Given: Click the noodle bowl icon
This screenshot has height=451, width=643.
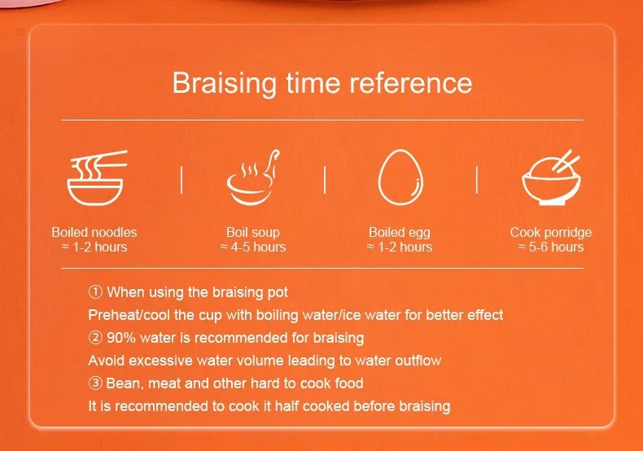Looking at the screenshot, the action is click(96, 177).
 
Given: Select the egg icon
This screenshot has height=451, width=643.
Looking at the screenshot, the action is click(400, 177).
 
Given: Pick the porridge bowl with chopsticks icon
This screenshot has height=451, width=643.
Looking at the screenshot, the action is click(552, 177).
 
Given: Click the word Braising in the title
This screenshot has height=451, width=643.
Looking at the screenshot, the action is click(225, 84).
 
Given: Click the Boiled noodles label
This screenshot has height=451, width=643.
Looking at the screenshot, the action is click(94, 232).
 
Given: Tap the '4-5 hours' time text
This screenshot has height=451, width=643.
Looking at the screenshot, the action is click(258, 247).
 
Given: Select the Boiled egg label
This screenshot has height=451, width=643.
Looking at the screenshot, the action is click(400, 233).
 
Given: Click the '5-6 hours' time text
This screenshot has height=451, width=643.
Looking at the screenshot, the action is click(556, 247).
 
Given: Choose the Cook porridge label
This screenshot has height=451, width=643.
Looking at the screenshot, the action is click(551, 233).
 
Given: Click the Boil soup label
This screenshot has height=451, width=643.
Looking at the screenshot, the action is click(253, 233).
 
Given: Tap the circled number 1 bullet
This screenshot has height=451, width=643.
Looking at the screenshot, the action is click(95, 292).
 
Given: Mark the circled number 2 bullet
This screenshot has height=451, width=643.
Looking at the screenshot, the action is click(95, 338).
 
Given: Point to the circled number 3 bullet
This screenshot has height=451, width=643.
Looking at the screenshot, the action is click(95, 383).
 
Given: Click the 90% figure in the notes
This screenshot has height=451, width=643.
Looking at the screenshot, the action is click(121, 338).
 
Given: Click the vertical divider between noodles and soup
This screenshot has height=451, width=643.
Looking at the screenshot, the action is click(182, 180).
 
